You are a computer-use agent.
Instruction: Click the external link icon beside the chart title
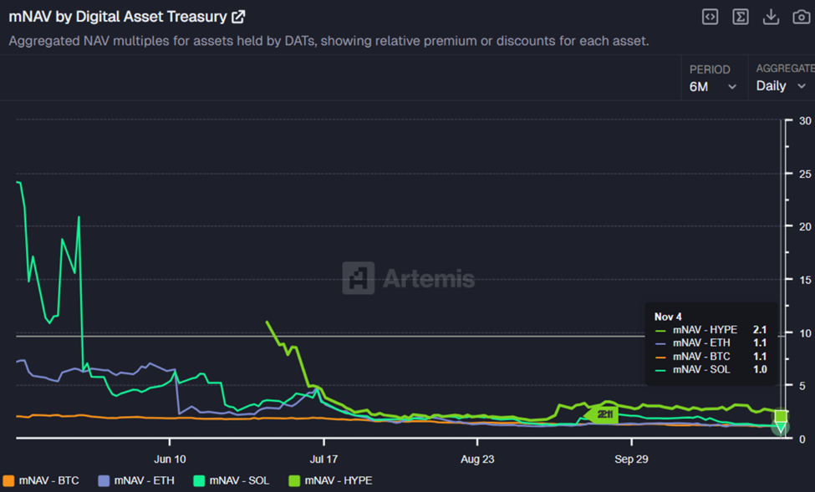tap(238, 17)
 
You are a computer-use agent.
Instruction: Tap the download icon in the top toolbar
tap(771, 17)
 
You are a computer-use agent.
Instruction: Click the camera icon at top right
tap(801, 17)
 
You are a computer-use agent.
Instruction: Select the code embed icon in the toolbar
tap(710, 17)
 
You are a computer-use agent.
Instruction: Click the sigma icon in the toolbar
tap(741, 17)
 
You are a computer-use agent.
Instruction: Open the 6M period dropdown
tap(712, 86)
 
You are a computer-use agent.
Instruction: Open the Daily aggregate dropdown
tap(781, 86)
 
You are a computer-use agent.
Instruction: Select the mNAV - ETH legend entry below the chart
tap(139, 480)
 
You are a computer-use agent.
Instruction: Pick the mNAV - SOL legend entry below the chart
tap(234, 480)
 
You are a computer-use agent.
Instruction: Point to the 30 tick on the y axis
tap(805, 120)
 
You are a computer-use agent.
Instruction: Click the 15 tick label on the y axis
tap(805, 280)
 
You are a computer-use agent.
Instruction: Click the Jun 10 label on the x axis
tap(170, 459)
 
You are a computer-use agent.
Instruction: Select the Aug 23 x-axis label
tap(476, 459)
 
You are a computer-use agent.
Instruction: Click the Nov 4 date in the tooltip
tap(668, 317)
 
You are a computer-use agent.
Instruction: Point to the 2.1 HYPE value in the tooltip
tap(759, 330)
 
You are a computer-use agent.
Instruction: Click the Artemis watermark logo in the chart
tap(408, 278)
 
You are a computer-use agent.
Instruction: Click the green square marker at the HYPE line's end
tap(781, 416)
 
